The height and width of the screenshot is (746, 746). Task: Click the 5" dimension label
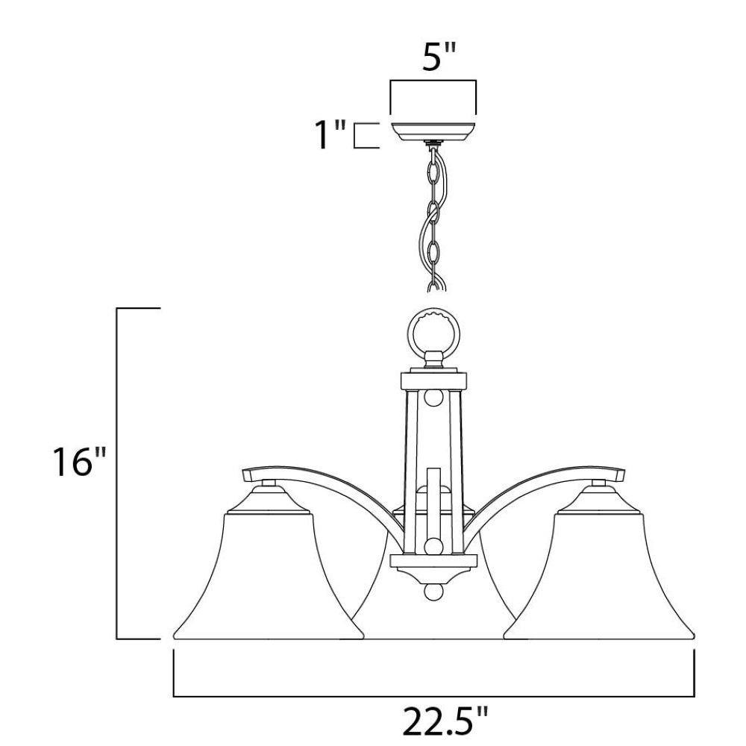pyautogui.click(x=439, y=57)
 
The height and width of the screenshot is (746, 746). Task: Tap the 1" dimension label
pyautogui.click(x=330, y=134)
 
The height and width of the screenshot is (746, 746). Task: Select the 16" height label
pyautogui.click(x=78, y=461)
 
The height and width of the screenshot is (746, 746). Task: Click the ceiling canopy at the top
pyautogui.click(x=433, y=132)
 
